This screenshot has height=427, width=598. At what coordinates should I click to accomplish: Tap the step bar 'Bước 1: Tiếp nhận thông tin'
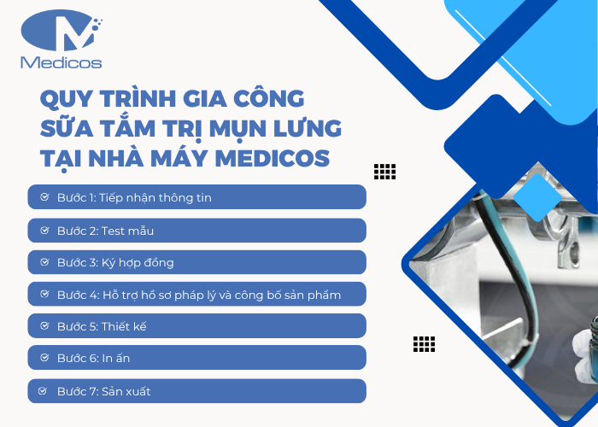[x=196, y=197]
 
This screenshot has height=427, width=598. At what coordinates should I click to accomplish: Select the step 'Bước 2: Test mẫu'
[x=196, y=231]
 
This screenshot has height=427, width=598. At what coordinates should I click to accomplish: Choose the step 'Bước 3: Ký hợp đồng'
[x=196, y=262]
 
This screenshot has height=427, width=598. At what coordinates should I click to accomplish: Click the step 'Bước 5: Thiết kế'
[x=196, y=326]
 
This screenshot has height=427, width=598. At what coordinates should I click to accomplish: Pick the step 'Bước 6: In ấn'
[x=196, y=358]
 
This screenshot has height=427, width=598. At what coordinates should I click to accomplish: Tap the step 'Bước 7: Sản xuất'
[x=196, y=391]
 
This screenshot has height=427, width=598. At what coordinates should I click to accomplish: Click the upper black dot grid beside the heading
[x=384, y=172]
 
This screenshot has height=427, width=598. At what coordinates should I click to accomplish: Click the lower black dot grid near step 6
[x=424, y=344]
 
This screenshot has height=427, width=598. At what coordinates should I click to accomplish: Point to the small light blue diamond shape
[x=538, y=196]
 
